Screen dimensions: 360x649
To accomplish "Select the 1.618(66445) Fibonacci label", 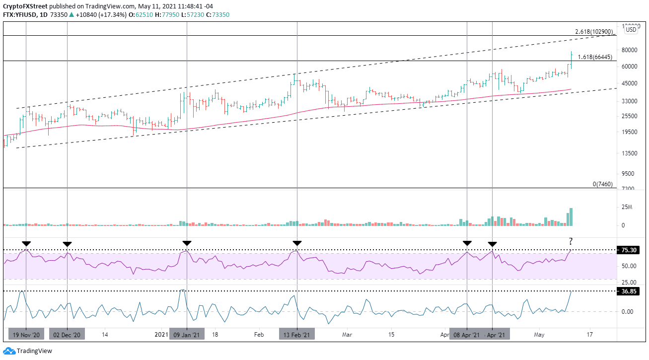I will coord(595,57).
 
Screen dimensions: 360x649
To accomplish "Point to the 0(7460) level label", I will coord(603,184).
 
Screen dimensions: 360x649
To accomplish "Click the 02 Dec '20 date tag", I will coord(67,335).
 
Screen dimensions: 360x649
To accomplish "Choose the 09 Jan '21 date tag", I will coord(187,335).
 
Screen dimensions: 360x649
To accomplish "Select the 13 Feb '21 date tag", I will coord(296,335).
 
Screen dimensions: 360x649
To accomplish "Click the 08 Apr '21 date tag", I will coord(467,335).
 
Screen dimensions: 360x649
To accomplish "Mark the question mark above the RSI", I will coord(571,242).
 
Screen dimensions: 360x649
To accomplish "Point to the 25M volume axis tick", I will coord(627,208).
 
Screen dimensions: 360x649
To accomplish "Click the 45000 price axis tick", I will coord(629,83).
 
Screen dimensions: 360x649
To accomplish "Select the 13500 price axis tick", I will coord(629,153).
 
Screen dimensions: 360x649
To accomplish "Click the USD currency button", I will coord(631,30).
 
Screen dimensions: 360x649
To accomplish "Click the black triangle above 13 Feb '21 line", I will coord(296,243).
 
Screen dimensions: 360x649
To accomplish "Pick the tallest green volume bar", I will coord(571,217).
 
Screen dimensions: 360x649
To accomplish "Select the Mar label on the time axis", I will coord(347,335).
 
